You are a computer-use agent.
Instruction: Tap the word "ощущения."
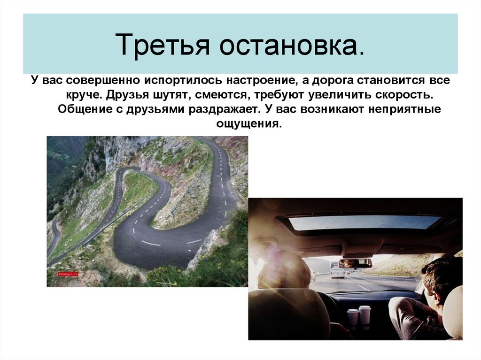[250, 124]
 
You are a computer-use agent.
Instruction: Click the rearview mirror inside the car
[355, 263]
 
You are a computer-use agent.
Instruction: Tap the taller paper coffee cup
[365, 315]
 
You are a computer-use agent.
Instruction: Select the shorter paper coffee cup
[353, 318]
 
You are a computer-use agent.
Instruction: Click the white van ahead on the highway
[337, 273]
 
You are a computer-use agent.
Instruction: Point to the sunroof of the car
[364, 222]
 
